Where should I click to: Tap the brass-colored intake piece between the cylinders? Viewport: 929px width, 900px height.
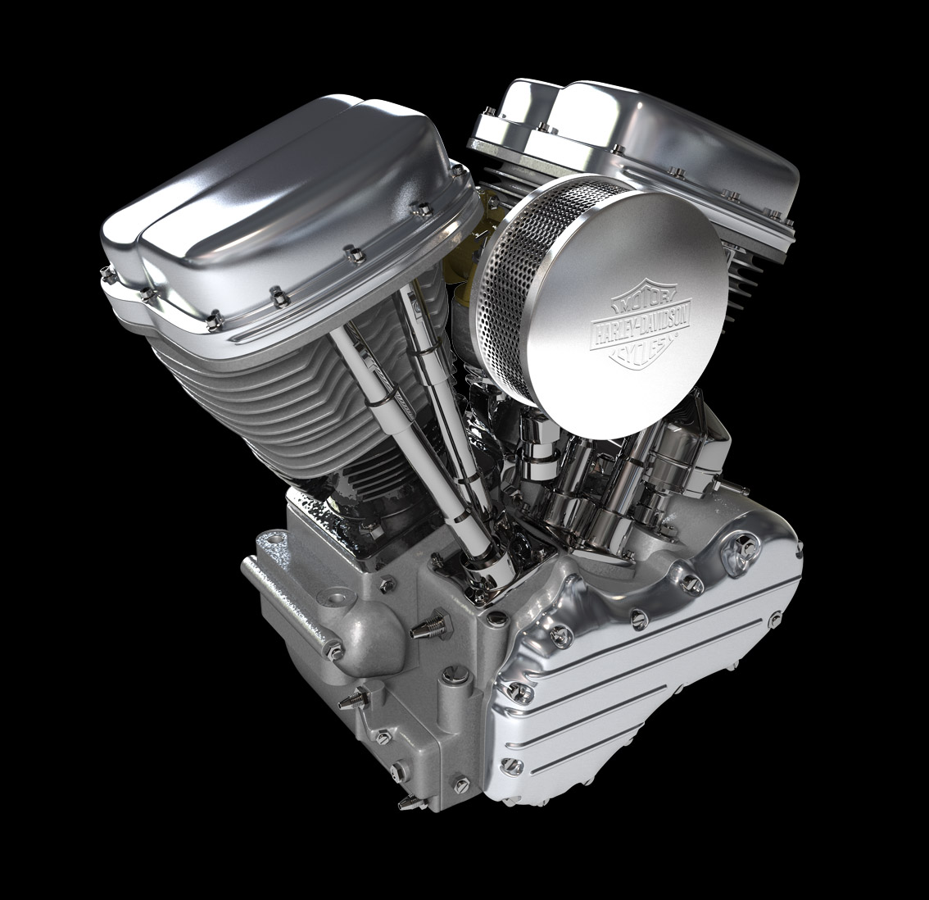[471, 249]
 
